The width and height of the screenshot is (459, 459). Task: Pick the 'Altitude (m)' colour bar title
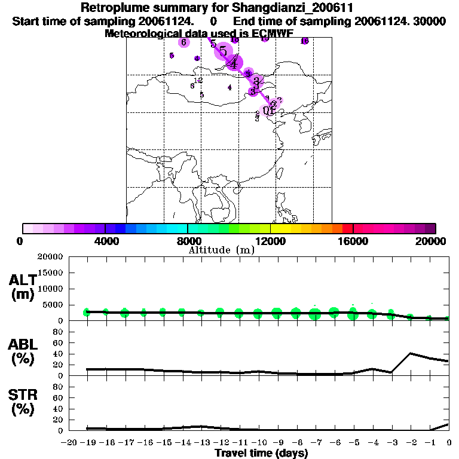221,250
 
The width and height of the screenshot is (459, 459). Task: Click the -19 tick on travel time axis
87,442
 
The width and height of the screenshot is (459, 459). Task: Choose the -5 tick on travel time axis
354,442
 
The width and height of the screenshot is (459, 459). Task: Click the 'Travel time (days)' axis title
261,454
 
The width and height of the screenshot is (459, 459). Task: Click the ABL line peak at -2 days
411,353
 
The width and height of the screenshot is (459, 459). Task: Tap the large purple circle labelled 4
234,62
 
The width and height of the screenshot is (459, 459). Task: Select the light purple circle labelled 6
184,42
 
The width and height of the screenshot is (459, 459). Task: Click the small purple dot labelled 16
304,41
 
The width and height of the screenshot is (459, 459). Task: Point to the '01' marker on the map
268,110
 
